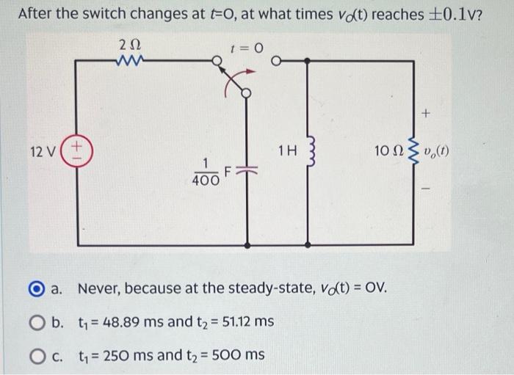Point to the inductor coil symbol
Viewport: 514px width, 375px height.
pyautogui.click(x=311, y=153)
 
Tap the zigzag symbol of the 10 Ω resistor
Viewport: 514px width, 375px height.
pyautogui.click(x=414, y=153)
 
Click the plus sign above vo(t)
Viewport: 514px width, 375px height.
pyautogui.click(x=427, y=114)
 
